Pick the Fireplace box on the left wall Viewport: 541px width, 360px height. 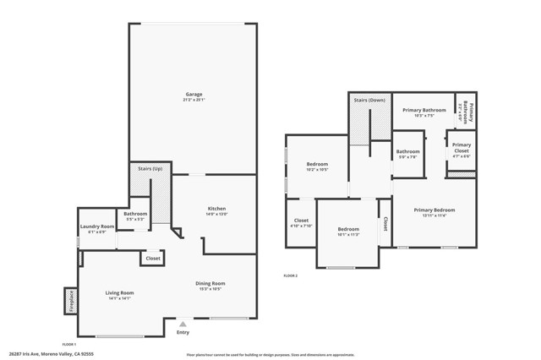tap(70, 300)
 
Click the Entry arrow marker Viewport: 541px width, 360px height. tap(183, 323)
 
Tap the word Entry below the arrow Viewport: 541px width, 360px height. tap(183, 332)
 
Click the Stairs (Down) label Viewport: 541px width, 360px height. tap(369, 100)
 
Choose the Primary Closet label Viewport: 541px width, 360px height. tap(462, 147)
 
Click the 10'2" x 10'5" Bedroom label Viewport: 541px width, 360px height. tap(317, 166)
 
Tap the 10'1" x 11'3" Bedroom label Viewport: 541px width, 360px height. tap(348, 231)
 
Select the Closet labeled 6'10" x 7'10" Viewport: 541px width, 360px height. tap(301, 222)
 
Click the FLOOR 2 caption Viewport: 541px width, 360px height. tap(290, 275)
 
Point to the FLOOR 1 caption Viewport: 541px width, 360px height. tap(68, 344)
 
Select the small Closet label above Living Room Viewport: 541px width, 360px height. tap(153, 259)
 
